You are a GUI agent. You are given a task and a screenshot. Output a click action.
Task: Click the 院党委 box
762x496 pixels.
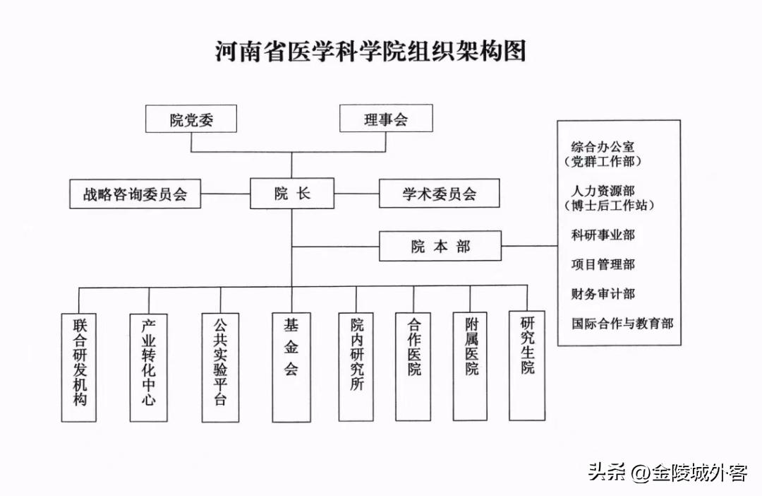tap(191, 119)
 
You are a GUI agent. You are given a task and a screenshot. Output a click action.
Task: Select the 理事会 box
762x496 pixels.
tap(386, 119)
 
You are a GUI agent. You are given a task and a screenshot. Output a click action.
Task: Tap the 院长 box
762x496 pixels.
tap(292, 194)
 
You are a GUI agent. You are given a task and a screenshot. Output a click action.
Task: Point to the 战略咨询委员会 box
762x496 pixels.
tap(135, 194)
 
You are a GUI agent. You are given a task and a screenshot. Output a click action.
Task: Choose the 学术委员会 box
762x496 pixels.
tap(440, 194)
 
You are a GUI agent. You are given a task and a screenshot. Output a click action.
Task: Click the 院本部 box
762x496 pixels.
tap(440, 246)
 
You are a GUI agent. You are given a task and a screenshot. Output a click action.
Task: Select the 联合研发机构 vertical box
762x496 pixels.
tap(79, 367)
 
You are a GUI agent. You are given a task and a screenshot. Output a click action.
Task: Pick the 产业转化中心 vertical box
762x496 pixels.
tap(149, 367)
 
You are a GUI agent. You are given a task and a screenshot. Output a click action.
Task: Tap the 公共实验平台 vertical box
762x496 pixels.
tap(220, 367)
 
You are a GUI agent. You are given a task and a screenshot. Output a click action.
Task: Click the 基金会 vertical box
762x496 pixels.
tap(291, 367)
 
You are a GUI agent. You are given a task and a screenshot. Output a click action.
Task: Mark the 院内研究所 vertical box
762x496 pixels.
tap(356, 366)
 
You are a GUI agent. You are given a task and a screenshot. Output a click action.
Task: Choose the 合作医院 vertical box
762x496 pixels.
tap(413, 366)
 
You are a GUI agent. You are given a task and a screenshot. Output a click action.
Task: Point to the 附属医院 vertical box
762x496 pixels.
tap(471, 366)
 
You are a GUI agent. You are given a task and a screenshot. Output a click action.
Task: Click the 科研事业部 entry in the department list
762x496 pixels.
tap(603, 235)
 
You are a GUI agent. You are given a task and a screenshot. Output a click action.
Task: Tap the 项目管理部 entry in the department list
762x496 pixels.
tap(603, 264)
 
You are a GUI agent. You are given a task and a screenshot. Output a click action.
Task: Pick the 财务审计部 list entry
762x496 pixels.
tap(603, 294)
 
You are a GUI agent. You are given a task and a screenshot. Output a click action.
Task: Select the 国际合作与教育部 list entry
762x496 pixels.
tap(622, 324)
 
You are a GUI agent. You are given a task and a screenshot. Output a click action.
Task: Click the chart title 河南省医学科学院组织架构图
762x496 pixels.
tap(371, 52)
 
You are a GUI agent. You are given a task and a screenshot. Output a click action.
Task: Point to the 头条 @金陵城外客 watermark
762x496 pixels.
tap(667, 472)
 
